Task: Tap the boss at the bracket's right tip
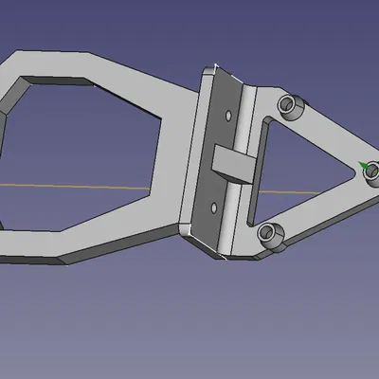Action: coord(370,171)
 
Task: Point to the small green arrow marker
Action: coord(362,163)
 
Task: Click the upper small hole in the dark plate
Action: coord(229,115)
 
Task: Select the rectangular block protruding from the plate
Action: coord(233,163)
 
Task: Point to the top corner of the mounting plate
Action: coord(216,68)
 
